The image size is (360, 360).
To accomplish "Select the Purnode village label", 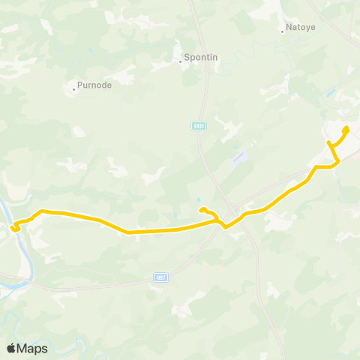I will coord(94,85).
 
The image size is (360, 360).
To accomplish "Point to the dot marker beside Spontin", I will coord(181,61).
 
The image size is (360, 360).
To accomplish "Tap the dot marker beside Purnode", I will coord(73,89).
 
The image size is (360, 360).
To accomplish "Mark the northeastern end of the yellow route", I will coord(346,129).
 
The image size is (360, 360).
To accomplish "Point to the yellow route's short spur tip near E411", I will coord(202,210).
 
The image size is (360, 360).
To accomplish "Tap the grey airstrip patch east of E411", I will coord(238,158).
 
